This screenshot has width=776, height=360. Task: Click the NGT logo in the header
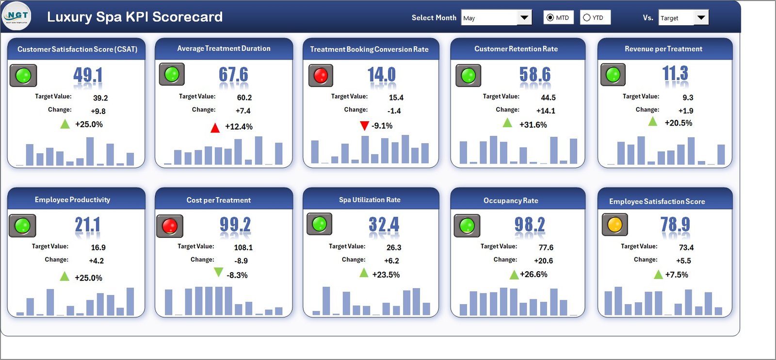[17, 16]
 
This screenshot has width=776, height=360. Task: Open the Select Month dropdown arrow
[524, 18]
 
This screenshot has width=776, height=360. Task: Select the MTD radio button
[550, 17]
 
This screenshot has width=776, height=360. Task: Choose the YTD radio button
[587, 17]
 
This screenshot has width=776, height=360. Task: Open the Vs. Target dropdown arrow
[701, 18]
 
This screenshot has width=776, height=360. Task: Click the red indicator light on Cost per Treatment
[170, 226]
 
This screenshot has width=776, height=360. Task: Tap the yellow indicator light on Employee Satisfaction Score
[614, 225]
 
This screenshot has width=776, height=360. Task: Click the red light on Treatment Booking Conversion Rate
[321, 75]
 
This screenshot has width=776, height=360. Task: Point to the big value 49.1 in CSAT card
[88, 75]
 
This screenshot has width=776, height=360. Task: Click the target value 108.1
[243, 247]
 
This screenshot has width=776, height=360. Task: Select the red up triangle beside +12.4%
[215, 128]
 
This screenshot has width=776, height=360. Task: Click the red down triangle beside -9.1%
[364, 126]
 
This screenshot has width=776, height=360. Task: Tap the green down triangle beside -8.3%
[219, 272]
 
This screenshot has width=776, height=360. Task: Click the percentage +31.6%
[533, 125]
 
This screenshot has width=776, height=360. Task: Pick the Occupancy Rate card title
[510, 200]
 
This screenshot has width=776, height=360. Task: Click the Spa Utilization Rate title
[370, 200]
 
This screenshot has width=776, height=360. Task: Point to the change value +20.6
[543, 261]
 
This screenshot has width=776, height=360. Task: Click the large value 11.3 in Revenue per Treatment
[675, 74]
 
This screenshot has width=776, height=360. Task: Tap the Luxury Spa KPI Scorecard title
[135, 17]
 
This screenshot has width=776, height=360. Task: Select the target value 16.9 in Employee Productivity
[98, 247]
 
